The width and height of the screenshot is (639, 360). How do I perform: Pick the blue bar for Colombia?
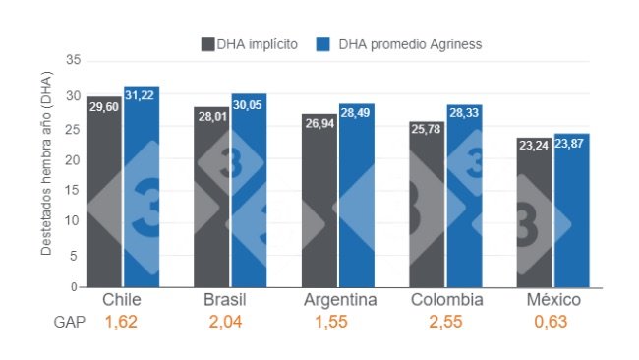[x=464, y=197]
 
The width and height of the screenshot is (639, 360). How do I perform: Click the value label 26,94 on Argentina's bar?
[x=319, y=124]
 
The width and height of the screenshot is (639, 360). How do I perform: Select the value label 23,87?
[x=571, y=144]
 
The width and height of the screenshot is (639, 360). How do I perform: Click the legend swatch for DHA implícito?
[x=208, y=44]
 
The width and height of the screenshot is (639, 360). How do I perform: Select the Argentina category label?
[x=337, y=300]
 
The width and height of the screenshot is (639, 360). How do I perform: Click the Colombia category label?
[x=445, y=300]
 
